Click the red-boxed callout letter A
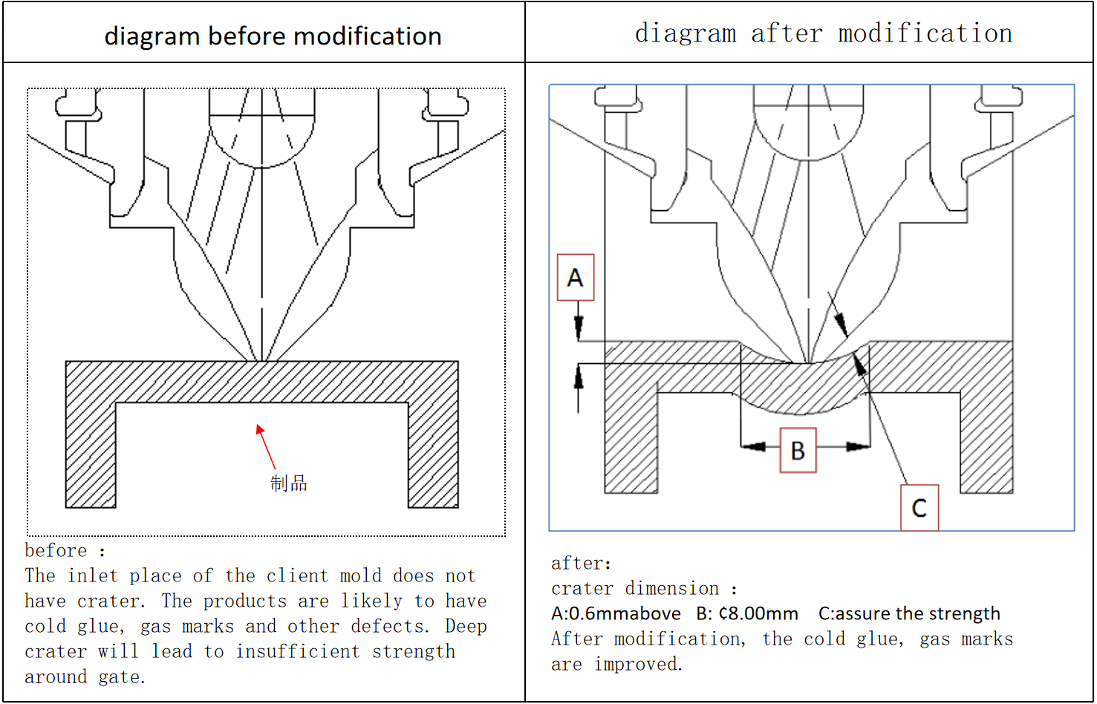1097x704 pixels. [576, 278]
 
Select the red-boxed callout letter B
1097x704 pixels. [798, 450]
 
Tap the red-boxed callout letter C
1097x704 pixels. [919, 508]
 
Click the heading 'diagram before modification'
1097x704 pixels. [273, 36]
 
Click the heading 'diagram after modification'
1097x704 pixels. [823, 33]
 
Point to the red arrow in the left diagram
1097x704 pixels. [265, 446]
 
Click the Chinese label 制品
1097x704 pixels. [288, 483]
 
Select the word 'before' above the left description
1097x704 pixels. [56, 551]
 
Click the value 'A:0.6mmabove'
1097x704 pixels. [616, 613]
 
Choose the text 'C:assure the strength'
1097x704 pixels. [909, 613]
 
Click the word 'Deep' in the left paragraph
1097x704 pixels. [466, 627]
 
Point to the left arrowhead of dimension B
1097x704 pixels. [753, 446]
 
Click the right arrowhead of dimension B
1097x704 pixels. [859, 446]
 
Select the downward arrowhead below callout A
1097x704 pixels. [579, 329]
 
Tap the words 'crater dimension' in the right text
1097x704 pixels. [635, 589]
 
